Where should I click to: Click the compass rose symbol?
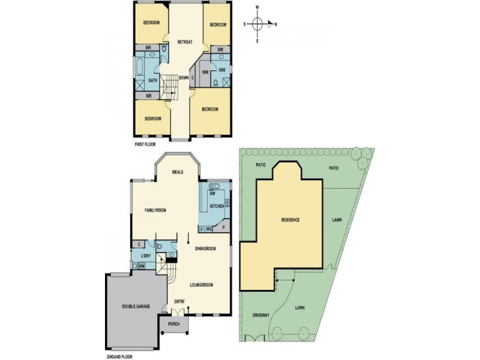(257, 25)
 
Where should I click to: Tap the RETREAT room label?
(184, 42)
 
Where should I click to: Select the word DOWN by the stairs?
(184, 77)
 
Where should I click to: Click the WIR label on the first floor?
(205, 73)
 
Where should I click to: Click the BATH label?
(153, 81)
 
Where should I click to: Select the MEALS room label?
(178, 172)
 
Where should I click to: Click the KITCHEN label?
(217, 206)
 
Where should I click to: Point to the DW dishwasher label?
(212, 194)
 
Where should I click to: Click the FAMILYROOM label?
(155, 210)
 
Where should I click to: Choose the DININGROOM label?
(205, 248)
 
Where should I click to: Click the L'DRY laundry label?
(145, 256)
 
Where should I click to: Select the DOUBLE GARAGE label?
(136, 306)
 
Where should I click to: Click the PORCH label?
(174, 325)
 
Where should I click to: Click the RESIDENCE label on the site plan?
(290, 220)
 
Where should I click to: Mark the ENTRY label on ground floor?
(179, 301)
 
